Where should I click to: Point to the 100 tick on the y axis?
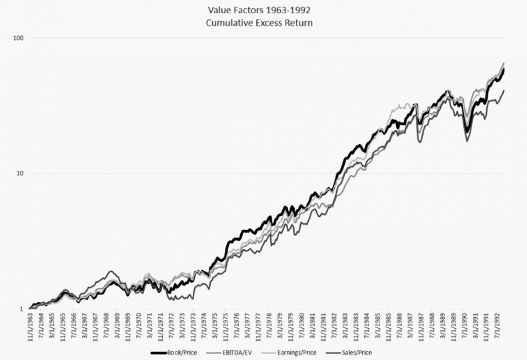18,38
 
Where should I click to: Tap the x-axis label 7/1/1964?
41,327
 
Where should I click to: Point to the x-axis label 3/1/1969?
117,327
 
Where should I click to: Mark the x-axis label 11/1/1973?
193,327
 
